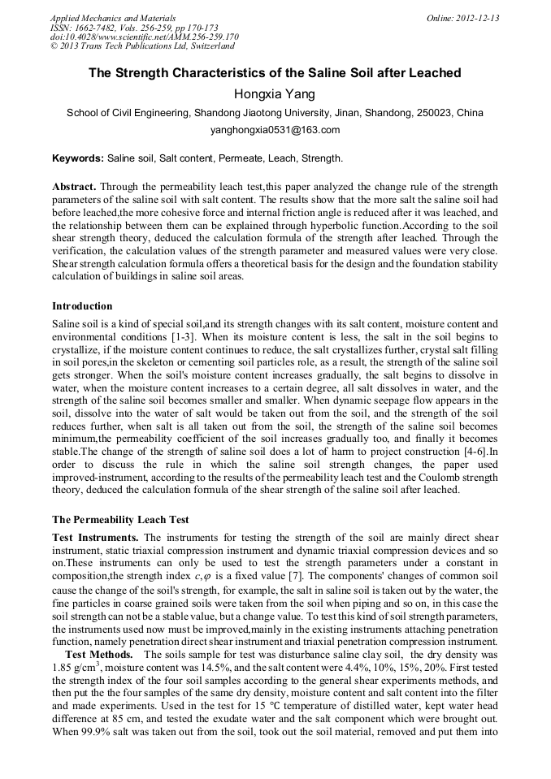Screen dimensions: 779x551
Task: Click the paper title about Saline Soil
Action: (x=275, y=73)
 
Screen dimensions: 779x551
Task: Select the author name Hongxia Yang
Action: (x=275, y=93)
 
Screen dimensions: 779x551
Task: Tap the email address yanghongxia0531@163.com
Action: (x=275, y=130)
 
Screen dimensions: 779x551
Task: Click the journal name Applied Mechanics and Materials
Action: (x=113, y=18)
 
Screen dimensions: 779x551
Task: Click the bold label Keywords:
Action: (x=78, y=158)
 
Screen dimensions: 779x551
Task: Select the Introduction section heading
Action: (x=82, y=306)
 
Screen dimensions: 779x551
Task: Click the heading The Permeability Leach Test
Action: (x=120, y=519)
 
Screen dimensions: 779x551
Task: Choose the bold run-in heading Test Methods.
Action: (x=99, y=654)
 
